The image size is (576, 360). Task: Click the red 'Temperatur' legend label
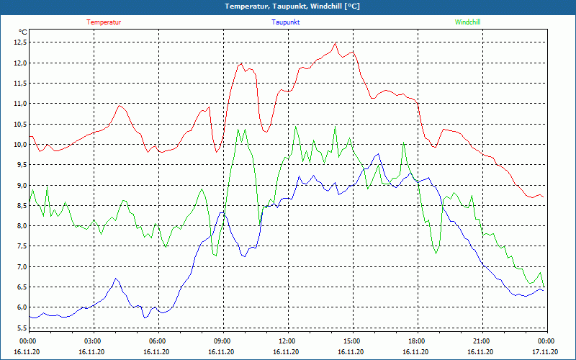click(x=104, y=22)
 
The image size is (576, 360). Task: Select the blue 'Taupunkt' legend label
click(x=286, y=22)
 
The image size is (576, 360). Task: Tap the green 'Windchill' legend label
click(x=467, y=22)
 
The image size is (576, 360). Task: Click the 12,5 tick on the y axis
click(x=20, y=42)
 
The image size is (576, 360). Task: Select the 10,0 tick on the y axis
click(x=20, y=145)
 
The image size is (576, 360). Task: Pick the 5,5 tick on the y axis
click(x=20, y=328)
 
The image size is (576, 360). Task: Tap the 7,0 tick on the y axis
click(x=20, y=267)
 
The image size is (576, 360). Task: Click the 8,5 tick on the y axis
click(x=20, y=206)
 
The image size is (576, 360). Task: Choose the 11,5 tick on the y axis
click(x=20, y=84)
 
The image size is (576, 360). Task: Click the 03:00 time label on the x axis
click(x=92, y=341)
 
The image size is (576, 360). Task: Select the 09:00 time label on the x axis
click(x=222, y=341)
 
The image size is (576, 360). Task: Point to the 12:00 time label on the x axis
click(x=287, y=341)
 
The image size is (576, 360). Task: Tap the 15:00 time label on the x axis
click(x=351, y=341)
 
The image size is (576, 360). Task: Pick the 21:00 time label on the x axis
click(x=481, y=341)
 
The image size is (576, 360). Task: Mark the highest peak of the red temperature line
click(x=336, y=42)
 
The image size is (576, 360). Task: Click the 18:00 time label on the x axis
click(x=416, y=341)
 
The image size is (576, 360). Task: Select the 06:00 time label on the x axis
click(x=157, y=341)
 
